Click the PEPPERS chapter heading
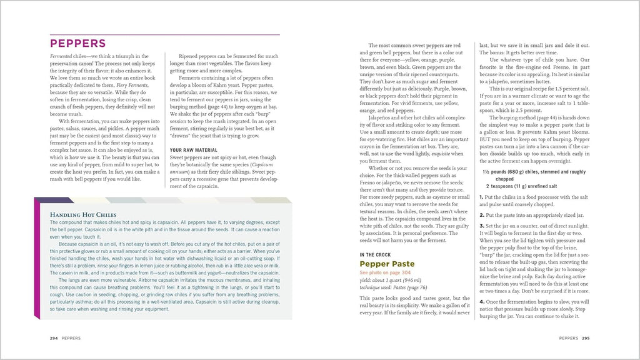coord(77,44)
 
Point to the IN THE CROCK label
coord(376,255)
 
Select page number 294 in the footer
coord(54,337)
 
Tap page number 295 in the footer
coord(586,337)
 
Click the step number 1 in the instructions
coord(481,197)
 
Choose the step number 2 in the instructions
coord(481,214)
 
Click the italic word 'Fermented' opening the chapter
coord(62,56)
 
